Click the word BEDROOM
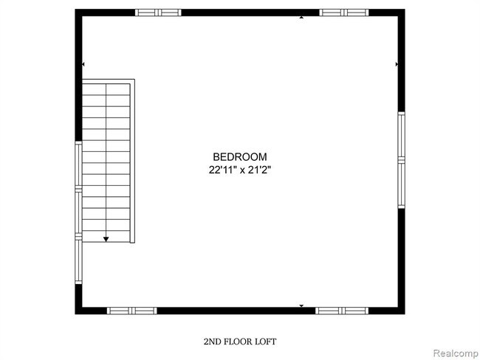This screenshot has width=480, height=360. click(239, 156)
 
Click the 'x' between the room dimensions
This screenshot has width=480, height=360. click(244, 170)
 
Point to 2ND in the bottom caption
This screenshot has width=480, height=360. click(213, 342)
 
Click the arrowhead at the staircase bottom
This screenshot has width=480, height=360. click(106, 238)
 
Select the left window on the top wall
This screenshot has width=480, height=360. click(158, 13)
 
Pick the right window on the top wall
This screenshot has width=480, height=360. click(343, 13)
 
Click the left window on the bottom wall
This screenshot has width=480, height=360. click(132, 311)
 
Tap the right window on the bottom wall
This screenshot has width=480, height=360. click(340, 311)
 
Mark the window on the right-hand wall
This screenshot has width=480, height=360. click(401, 159)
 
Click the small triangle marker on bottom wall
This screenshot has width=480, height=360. click(301, 305)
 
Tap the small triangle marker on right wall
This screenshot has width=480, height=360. click(397, 65)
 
